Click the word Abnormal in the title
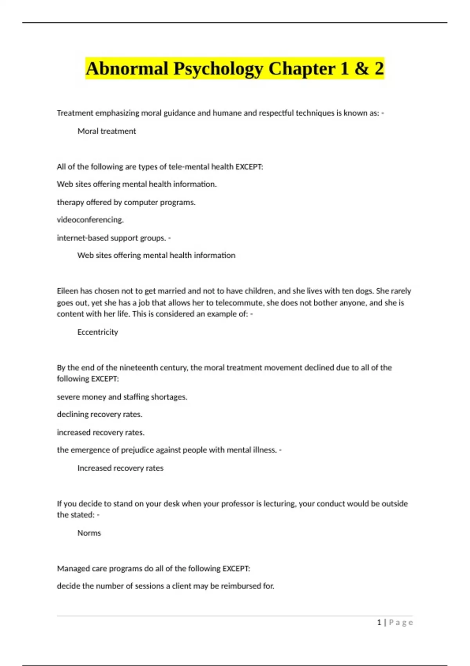tap(127, 69)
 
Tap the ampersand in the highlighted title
tap(362, 69)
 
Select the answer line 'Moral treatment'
tap(107, 131)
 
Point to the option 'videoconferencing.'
tap(90, 220)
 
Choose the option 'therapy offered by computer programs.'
tap(126, 203)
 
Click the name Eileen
tap(67, 291)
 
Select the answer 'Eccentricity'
tap(98, 332)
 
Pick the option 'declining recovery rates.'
tap(99, 414)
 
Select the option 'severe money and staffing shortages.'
tap(122, 397)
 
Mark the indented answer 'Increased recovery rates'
tap(120, 468)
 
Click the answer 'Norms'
tap(89, 533)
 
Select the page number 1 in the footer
tap(379, 623)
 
